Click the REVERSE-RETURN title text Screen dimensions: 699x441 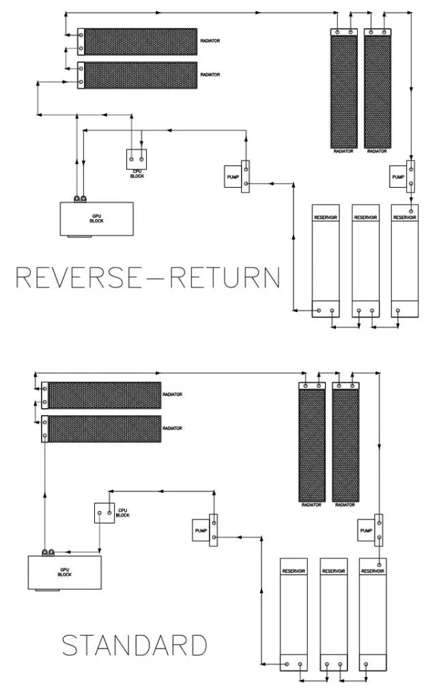click(x=147, y=278)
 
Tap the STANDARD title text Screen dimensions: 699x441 click(x=134, y=645)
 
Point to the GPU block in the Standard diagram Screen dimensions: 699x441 click(x=65, y=572)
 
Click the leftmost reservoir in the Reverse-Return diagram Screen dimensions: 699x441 click(x=325, y=260)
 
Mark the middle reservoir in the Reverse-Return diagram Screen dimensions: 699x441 click(x=365, y=260)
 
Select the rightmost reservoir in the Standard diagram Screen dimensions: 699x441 click(x=373, y=615)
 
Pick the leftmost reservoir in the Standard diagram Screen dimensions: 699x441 click(x=294, y=615)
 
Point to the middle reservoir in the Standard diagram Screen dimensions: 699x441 click(x=334, y=615)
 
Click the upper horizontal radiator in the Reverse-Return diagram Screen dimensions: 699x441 click(x=137, y=41)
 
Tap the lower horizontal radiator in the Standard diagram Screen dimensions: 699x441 click(x=102, y=428)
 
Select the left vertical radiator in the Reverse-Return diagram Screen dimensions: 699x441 click(x=343, y=88)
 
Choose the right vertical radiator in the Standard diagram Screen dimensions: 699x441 click(x=345, y=442)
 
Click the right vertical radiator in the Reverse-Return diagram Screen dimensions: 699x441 click(x=377, y=88)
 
